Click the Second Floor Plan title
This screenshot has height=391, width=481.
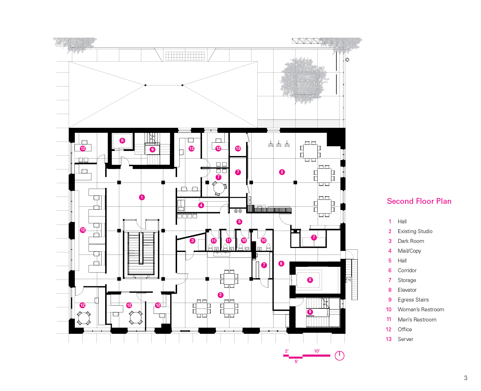[419, 201]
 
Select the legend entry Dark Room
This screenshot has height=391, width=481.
[411, 241]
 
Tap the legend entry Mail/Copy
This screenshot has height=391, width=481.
[409, 251]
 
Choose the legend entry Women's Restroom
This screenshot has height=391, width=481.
[421, 310]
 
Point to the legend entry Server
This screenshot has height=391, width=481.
[405, 339]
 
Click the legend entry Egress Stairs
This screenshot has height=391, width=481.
[413, 300]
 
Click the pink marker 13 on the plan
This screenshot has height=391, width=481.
[238, 148]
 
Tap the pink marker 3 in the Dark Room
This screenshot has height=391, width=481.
[192, 241]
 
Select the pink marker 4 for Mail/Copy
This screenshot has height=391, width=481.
[201, 205]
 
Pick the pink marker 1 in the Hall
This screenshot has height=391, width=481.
[142, 197]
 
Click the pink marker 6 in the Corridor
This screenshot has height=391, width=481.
[281, 264]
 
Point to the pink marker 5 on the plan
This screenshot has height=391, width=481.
[239, 222]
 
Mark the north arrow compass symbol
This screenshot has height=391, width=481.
[339, 356]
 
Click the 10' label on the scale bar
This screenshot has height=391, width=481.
[317, 351]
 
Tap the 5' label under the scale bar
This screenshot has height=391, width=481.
[296, 362]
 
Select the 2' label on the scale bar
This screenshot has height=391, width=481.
[287, 351]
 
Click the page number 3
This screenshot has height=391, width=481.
[465, 378]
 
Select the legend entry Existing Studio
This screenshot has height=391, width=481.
[415, 231]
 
